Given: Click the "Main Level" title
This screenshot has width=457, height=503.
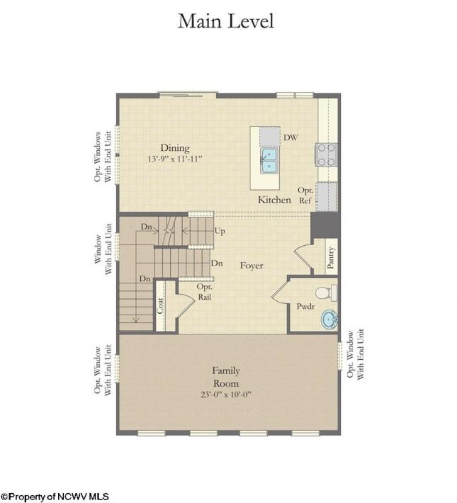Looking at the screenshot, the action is coord(226,21).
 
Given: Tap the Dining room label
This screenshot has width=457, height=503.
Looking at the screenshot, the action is coord(175,148).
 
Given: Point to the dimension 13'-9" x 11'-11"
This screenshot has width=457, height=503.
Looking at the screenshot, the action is coord(175,159).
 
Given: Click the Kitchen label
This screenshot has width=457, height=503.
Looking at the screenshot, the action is coord(274,200).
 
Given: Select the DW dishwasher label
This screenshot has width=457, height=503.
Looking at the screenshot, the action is coord(290,137).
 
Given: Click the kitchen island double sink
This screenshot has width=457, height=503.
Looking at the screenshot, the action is coord(269,160).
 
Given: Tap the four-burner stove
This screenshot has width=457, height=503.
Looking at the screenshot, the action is coord(327,155).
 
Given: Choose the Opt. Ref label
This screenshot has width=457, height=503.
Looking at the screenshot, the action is coord(305,196).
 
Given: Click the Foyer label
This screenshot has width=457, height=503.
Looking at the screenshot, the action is coord(252,266).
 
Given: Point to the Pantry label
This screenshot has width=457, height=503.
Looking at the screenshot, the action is coord(331,257).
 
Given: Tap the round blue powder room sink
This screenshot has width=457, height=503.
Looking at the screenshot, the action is coord(329,320).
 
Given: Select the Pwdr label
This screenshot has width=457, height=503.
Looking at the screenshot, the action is coord(305,306).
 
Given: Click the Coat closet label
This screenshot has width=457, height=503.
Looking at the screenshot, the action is coord(160,306).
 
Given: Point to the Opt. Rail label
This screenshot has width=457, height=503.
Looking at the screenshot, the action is coord(205,292).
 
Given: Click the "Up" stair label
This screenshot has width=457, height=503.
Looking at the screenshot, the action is coord(220,231).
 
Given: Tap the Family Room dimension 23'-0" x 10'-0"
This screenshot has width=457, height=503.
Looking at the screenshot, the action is coord(226,394).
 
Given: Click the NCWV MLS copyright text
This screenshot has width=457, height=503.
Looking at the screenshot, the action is coord(55,497).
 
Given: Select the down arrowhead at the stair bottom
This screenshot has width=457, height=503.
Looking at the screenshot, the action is coord(137,320).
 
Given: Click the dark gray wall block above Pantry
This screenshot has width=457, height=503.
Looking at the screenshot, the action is coord(325,225).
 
